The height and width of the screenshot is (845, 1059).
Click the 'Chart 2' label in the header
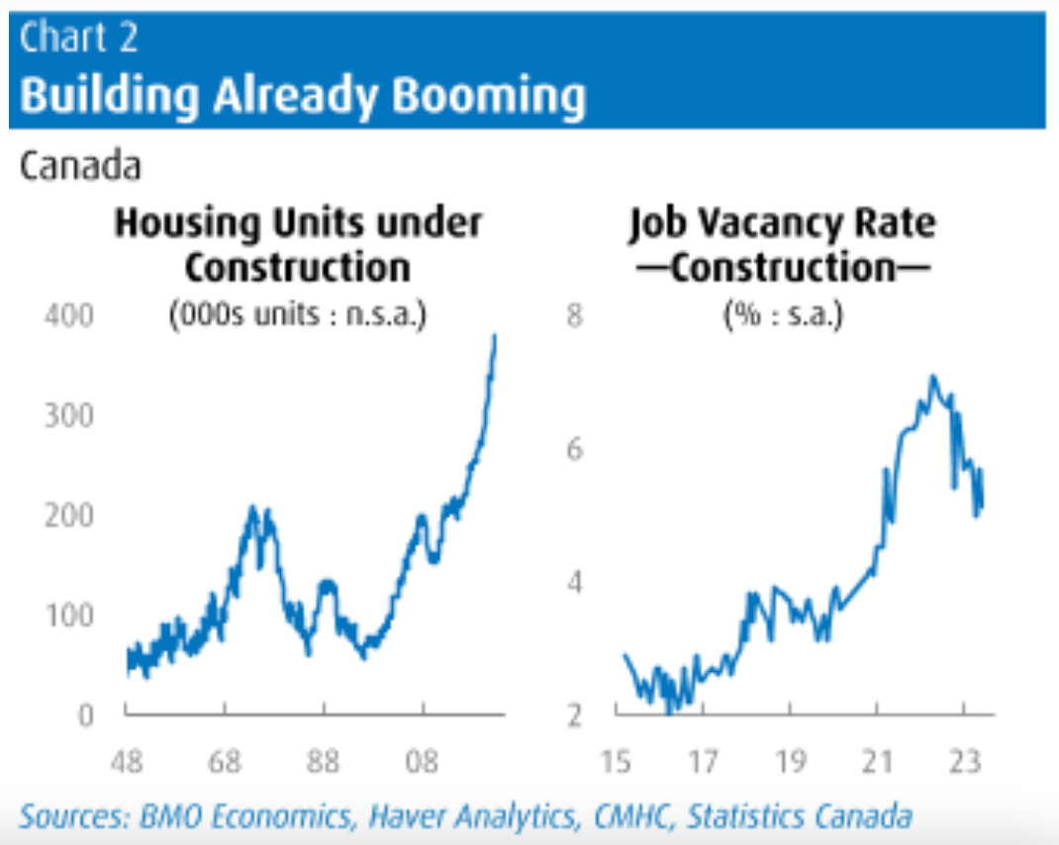pos(78,38)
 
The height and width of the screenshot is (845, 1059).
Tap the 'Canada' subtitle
pos(80,166)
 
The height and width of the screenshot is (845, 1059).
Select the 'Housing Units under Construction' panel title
pos(298,244)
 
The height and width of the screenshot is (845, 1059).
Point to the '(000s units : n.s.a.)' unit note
pos(298,319)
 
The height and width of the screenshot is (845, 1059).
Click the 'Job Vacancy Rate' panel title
pos(781,224)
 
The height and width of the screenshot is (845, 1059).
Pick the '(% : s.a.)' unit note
pos(782,319)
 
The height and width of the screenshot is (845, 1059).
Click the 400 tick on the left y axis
pos(69,317)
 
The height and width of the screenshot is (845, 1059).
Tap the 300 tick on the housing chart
pos(69,416)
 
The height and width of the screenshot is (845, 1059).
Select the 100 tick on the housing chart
pos(69,614)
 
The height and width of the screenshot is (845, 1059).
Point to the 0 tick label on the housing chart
pos(85,713)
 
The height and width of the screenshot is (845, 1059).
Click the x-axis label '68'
pos(226,764)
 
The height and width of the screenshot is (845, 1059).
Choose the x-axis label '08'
pos(423,764)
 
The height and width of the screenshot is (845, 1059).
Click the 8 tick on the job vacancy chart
pos(575,317)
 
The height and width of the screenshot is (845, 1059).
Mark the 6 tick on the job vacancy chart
pos(575,449)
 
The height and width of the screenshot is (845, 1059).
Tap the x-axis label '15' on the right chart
pos(615,764)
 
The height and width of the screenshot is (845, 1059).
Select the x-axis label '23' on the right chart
pos(964,764)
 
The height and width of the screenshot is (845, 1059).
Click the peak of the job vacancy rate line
pos(931,377)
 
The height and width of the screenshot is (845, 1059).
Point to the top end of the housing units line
pos(495,336)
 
